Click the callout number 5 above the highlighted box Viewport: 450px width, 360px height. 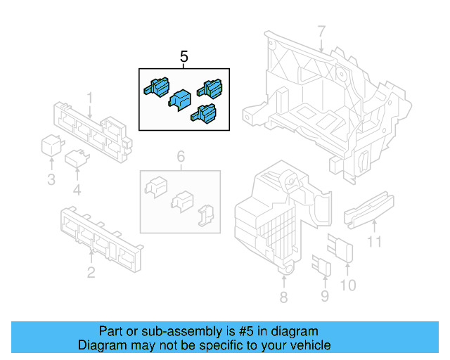tap(184, 56)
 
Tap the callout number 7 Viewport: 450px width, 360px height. tap(321, 32)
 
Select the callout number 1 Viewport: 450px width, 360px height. tap(90, 97)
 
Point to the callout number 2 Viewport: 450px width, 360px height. tap(91, 272)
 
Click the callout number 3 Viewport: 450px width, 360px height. tap(51, 180)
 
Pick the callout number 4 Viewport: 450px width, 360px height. tap(77, 190)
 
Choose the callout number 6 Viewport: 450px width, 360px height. tap(180, 156)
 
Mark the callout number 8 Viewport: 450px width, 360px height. tap(283, 297)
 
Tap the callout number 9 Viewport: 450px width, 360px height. tap(324, 296)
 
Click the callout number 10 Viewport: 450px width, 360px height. tap(348, 285)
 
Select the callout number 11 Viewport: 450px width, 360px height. tap(375, 243)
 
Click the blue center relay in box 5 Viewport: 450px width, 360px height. tap(181, 99)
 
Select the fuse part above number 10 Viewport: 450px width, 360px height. tap(345, 251)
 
